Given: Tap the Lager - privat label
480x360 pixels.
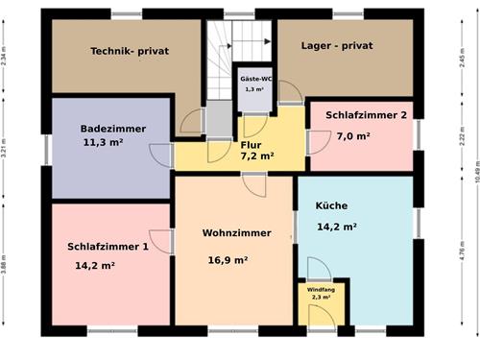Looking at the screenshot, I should click(x=336, y=45).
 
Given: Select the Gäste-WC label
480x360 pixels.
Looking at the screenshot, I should click(x=254, y=79).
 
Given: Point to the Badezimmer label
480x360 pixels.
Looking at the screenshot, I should click(x=113, y=129).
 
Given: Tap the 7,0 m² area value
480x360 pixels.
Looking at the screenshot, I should click(x=353, y=136).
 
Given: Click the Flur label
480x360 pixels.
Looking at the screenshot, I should click(x=251, y=145).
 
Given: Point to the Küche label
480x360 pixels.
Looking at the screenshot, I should click(x=331, y=206).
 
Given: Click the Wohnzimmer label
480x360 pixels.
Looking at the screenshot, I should click(x=233, y=233).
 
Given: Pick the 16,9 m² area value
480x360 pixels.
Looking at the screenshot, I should click(x=228, y=259).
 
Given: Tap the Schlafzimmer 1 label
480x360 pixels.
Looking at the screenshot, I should click(x=108, y=247).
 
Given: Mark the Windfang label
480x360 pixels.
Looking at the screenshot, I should click(x=321, y=289).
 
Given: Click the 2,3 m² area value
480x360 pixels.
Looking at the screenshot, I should click(x=320, y=298).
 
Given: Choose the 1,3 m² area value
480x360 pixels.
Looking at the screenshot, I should click(x=253, y=89).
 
